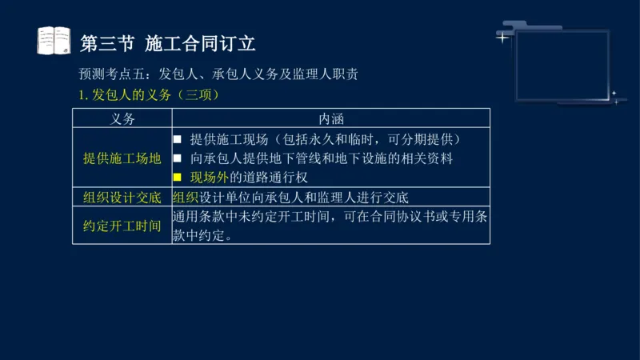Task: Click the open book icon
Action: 54,41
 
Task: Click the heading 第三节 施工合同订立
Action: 168,42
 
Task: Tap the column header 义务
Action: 122,118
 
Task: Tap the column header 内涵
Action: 330,118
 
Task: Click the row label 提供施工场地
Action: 122,158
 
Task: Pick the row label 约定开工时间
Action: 122,226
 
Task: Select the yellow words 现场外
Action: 210,178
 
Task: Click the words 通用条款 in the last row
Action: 198,217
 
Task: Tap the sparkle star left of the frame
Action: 502,37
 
